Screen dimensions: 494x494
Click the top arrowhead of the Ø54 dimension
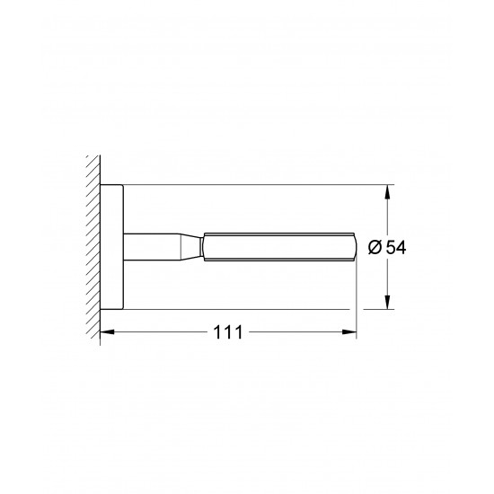[x=388, y=191]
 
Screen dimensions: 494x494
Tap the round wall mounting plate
[x=110, y=247]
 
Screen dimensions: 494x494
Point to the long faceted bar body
[x=278, y=247]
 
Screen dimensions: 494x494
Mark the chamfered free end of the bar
[x=353, y=247]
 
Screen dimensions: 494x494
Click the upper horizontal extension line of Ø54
[x=251, y=186]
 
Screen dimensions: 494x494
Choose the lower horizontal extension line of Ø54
[x=251, y=308]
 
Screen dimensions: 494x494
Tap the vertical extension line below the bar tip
[x=357, y=296]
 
